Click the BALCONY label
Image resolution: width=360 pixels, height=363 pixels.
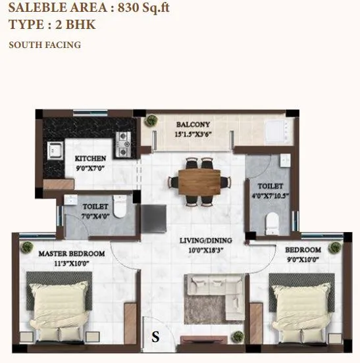tap(193, 124)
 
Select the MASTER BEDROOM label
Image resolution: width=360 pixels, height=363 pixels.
tap(72, 253)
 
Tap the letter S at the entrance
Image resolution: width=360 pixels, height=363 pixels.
tap(155, 337)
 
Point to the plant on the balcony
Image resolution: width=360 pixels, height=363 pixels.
tap(152, 121)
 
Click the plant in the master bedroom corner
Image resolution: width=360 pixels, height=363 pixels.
tap(27, 247)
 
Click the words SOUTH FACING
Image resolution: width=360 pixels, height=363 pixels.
tap(45, 45)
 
